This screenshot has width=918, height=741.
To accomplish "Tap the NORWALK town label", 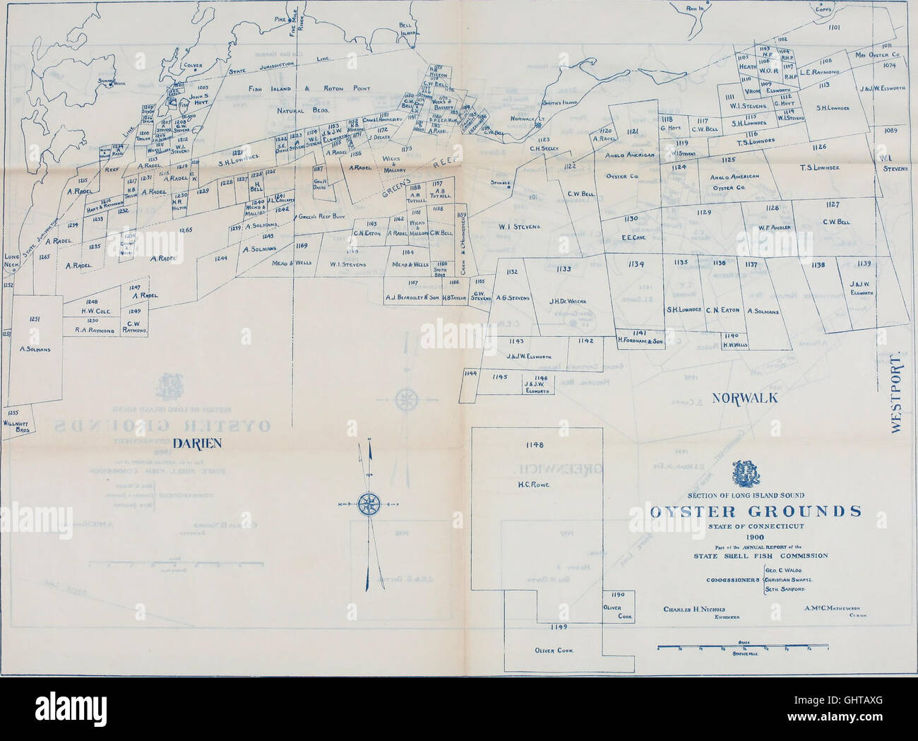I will pyautogui.click(x=744, y=398).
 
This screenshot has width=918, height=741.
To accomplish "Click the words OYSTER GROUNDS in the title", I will pyautogui.click(x=755, y=511).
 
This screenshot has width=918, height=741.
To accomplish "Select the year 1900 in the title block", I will pyautogui.click(x=754, y=537).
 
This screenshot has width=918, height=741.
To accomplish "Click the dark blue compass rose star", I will pyautogui.click(x=367, y=504).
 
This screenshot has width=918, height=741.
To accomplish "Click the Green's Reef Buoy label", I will pyautogui.click(x=320, y=217).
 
